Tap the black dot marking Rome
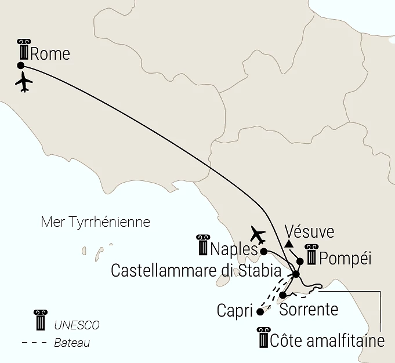click(21, 66)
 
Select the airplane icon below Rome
click(24, 83)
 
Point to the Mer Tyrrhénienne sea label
click(96, 222)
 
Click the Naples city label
click(234, 249)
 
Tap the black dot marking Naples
click(264, 252)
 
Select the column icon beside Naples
click(203, 246)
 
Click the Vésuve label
click(310, 232)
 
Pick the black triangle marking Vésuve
click(289, 243)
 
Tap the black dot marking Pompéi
click(300, 261)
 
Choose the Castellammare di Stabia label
click(196, 271)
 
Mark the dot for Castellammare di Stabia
click(296, 274)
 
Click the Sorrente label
click(309, 309)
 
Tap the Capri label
click(235, 311)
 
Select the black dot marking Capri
click(260, 311)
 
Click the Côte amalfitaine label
click(327, 341)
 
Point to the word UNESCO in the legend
click(77, 325)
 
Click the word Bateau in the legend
click(71, 343)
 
